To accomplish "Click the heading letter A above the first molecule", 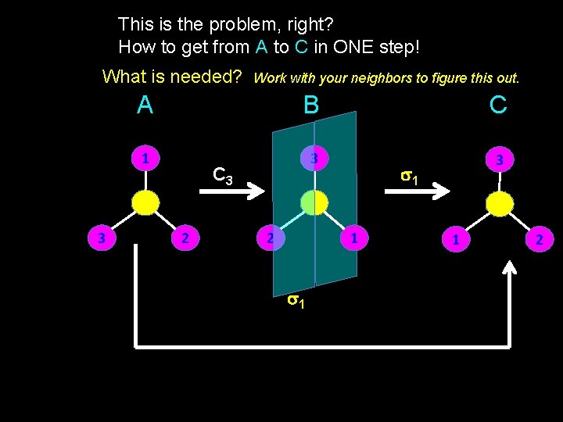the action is click(145, 105).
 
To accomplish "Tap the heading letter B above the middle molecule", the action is click(311, 105).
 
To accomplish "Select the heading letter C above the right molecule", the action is click(498, 105).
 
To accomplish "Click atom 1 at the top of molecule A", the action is click(145, 158).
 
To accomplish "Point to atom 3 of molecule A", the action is click(102, 238).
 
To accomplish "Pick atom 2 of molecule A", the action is click(185, 238).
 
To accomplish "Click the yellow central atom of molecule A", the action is click(145, 203).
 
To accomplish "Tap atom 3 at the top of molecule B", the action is click(313, 158).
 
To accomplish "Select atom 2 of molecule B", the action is click(269, 238).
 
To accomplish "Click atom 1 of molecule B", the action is click(354, 238).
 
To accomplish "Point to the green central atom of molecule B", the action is click(313, 203).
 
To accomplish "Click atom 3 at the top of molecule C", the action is click(500, 159).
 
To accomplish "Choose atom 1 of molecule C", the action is click(456, 239).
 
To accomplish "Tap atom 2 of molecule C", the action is click(539, 239).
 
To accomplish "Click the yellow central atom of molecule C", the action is click(500, 204).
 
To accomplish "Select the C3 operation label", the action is click(223, 176).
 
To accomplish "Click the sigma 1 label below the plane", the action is click(296, 299).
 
